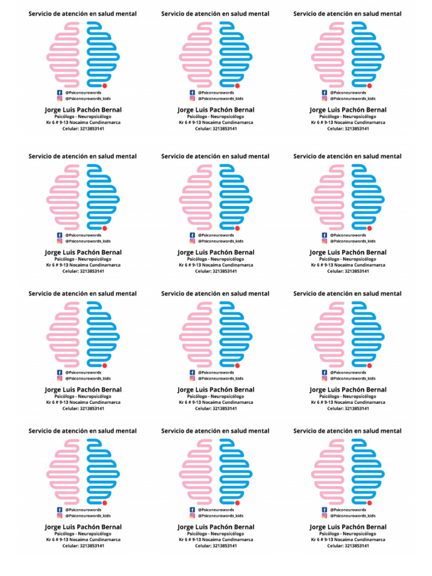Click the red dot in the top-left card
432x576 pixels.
coord(105,85)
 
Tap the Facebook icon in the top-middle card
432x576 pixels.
coord(192,92)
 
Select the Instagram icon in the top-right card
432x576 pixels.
coord(324,98)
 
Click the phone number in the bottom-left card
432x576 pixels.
coord(83,546)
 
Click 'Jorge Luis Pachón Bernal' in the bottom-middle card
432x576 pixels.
coord(216,527)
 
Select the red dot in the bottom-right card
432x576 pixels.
coord(370,503)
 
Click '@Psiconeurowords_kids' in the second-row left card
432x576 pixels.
coord(87,241)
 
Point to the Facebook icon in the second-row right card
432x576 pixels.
coord(324,235)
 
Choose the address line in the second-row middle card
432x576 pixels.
coord(216,265)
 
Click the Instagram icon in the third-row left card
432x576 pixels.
coord(60,379)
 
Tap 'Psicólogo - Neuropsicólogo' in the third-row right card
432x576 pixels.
coord(348,396)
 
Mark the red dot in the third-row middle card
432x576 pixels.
coord(237,366)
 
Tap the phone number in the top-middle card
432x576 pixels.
coord(216,129)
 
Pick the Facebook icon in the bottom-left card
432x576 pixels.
coord(60,510)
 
